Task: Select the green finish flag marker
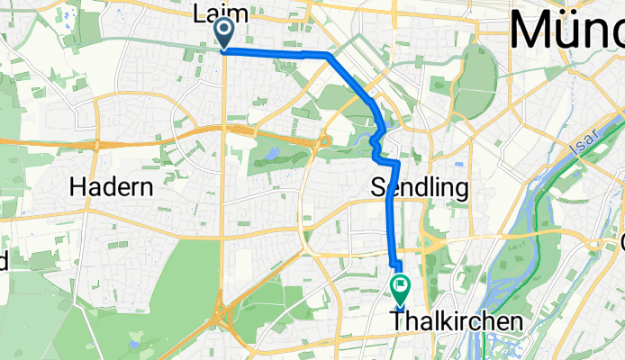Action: pyautogui.click(x=400, y=289)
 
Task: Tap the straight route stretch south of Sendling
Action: pyautogui.click(x=390, y=216)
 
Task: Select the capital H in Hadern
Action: pyautogui.click(x=77, y=187)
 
